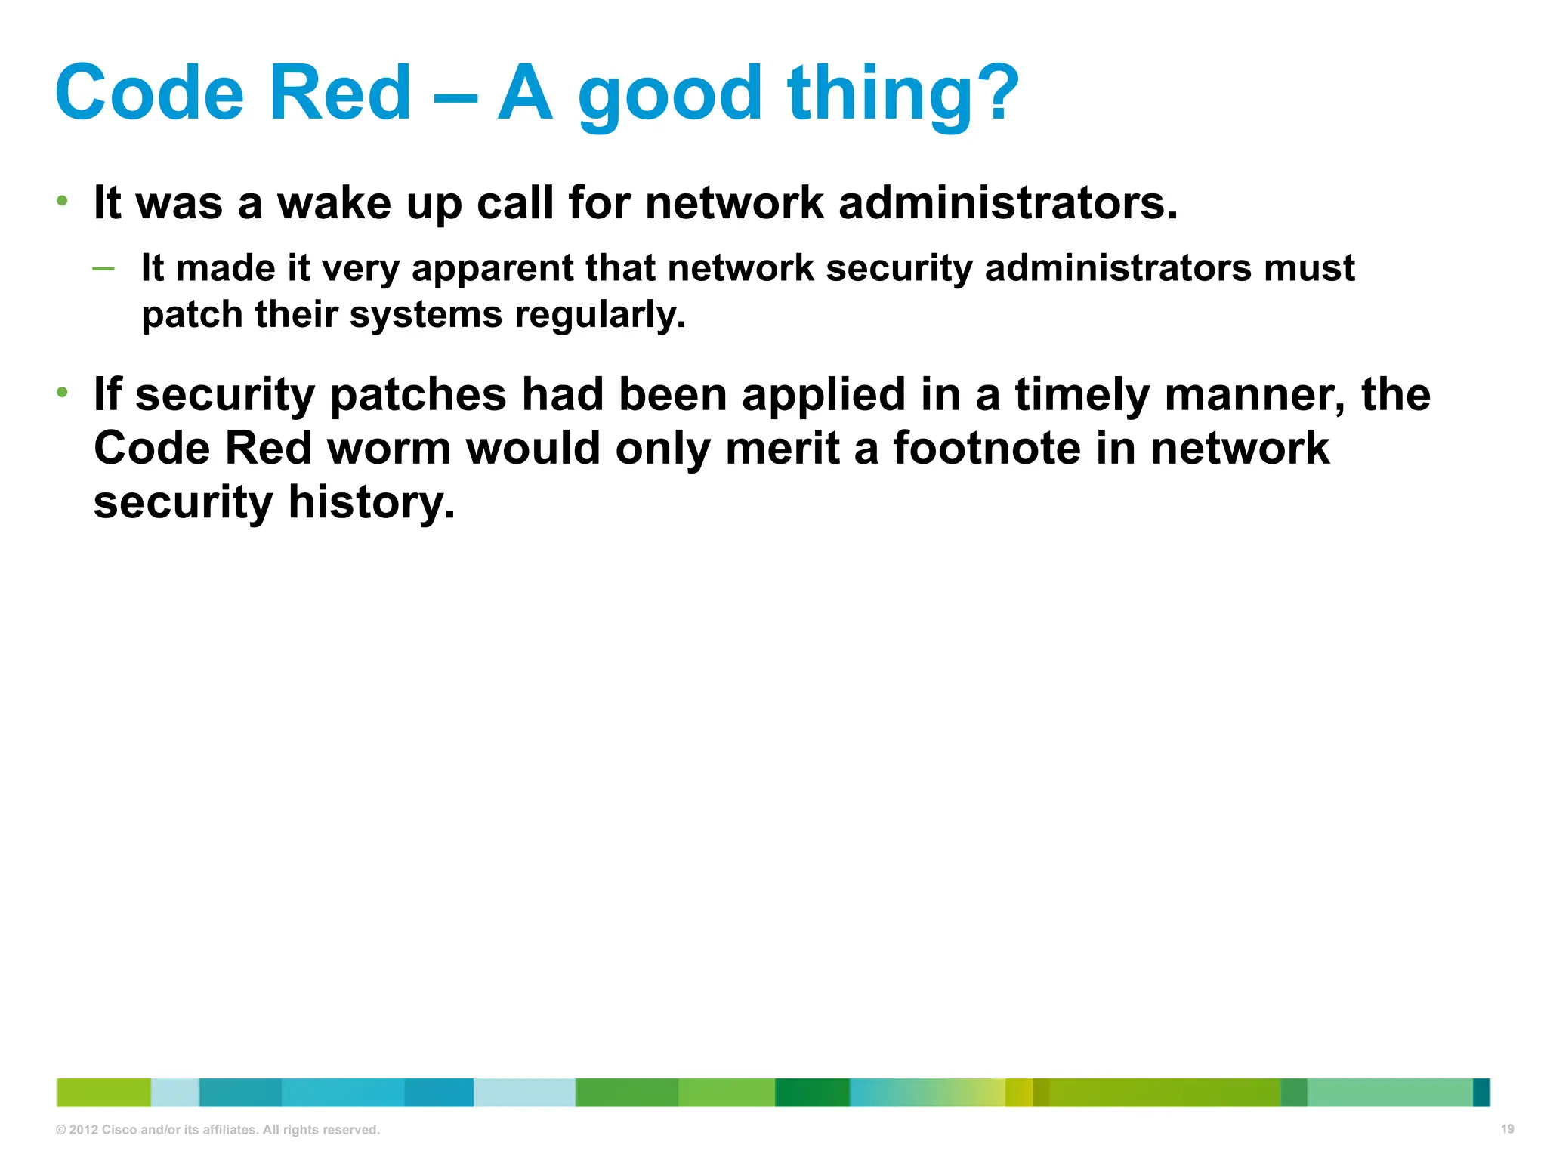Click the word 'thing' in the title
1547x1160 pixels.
(x=876, y=94)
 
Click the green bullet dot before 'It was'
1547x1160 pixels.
(x=63, y=201)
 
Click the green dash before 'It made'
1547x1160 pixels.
(x=103, y=268)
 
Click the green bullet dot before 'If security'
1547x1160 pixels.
(x=63, y=392)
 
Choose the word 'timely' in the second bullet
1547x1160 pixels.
(x=1082, y=395)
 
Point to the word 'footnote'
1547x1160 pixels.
(x=987, y=449)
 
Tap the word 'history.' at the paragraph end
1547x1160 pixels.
(x=372, y=502)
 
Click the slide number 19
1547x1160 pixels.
(x=1507, y=1129)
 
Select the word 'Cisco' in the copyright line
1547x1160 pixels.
(x=119, y=1130)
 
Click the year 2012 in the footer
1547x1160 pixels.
(x=83, y=1130)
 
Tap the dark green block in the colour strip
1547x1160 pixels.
(x=812, y=1092)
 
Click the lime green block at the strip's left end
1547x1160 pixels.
(x=103, y=1092)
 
